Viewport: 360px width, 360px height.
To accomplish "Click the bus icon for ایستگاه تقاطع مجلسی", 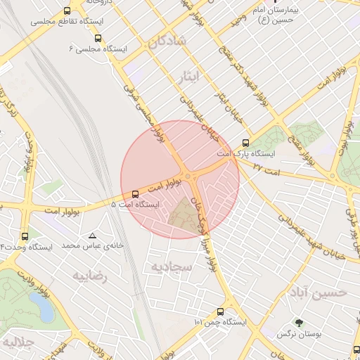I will pos(67,11).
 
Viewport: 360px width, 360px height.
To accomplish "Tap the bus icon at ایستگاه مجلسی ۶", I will pos(98,39).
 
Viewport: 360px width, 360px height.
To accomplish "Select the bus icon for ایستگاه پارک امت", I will pos(245,141).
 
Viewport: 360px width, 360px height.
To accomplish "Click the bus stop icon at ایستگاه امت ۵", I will pos(135,193).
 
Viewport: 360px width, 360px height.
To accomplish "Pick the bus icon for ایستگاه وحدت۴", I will pos(26,236).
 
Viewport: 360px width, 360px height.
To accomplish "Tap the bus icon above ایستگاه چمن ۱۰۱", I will pos(221,311).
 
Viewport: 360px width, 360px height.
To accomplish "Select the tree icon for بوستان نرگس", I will pos(300,323).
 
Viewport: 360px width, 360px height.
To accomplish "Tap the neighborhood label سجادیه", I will pos(168,266).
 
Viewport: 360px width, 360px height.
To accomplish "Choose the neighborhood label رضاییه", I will pos(91,276).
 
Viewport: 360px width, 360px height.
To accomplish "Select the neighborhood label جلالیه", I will pos(18,344).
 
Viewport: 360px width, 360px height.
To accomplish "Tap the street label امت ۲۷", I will pos(266,169).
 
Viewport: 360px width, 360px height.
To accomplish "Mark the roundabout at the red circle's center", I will pos(188,176).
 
